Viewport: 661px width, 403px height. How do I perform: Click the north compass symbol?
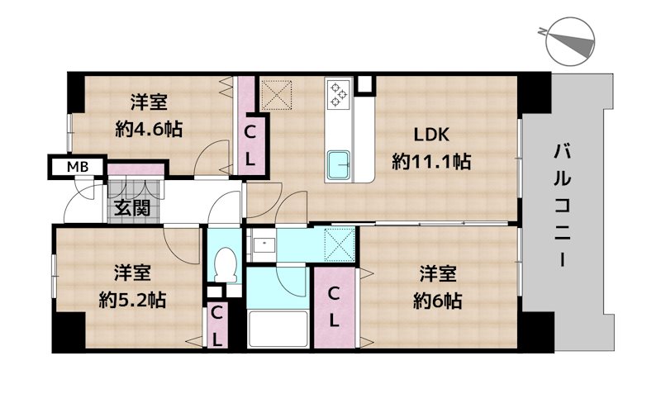pos(569,41)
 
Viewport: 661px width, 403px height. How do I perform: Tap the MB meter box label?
pos(78,167)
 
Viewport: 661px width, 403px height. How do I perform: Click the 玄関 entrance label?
pos(132,208)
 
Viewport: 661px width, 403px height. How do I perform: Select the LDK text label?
pos(430,135)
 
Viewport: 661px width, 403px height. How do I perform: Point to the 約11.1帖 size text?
pos(431,161)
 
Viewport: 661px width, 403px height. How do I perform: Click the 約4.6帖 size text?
pos(149,129)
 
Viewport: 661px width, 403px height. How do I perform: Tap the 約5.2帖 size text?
pos(132,300)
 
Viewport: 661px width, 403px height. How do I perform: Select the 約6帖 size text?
pos(438,301)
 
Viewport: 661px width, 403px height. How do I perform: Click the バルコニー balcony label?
pos(563,206)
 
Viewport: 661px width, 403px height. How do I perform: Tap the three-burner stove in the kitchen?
pos(340,94)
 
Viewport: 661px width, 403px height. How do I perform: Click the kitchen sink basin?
pos(339,165)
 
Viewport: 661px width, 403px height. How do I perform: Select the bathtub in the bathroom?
pos(278,329)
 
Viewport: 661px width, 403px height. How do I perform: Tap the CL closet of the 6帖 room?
pos(334,308)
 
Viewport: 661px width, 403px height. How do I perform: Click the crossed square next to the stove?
pos(277,95)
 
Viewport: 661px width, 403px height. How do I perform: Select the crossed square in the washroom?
pos(340,244)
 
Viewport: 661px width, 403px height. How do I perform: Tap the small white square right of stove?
pos(365,84)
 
